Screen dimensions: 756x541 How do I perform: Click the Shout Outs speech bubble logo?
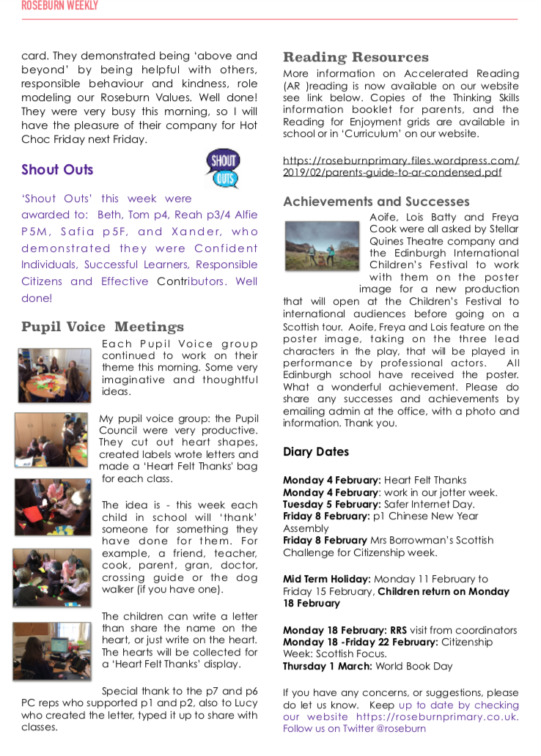223,169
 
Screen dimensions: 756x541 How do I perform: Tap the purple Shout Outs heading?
57,170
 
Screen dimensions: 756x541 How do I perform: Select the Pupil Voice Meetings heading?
102,327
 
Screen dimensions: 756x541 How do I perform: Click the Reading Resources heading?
356,57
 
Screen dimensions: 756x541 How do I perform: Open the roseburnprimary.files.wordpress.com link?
401,166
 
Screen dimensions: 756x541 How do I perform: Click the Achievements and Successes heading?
376,201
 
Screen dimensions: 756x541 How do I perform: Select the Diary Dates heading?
316,452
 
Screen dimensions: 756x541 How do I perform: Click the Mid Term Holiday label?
326,579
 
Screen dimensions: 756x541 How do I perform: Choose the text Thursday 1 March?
328,667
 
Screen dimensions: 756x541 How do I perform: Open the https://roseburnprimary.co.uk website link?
438,716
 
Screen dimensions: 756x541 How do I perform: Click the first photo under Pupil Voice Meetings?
54,374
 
